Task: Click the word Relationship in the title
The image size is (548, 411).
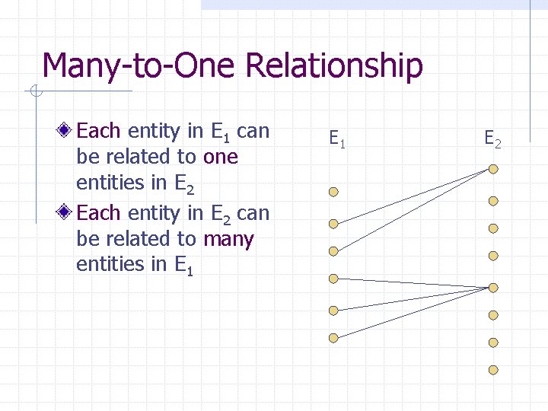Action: point(334,66)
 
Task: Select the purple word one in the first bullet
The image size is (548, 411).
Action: point(221,157)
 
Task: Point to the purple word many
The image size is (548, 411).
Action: point(228,239)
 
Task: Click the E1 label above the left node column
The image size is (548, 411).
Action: point(337,139)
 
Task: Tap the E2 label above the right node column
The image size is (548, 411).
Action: point(493,139)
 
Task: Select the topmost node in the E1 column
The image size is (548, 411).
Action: point(333,193)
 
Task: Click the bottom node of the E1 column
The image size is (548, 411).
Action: point(333,338)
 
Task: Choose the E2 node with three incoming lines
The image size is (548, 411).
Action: point(493,288)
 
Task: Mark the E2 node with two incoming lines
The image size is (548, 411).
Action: point(493,168)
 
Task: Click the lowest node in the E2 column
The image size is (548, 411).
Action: point(493,370)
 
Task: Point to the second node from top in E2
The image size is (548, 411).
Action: point(493,201)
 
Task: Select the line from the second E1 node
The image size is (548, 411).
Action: point(411,196)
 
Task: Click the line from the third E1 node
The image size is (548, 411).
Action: point(411,210)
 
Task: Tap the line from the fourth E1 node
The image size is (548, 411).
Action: point(411,283)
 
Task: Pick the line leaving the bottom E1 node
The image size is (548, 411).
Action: point(411,314)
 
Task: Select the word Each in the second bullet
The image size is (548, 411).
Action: point(97,213)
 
